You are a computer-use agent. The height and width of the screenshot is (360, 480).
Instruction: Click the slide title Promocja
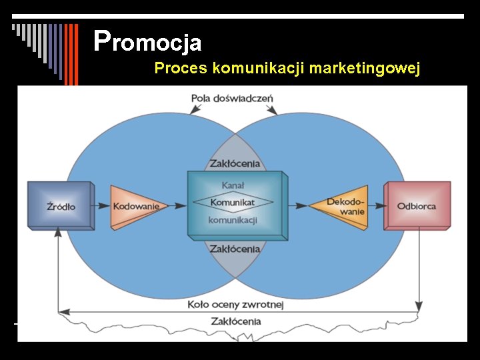tap(148, 41)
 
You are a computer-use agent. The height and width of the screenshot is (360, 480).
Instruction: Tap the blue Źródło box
tap(61, 205)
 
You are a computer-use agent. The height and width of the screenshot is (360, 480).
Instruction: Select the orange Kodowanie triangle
tap(135, 206)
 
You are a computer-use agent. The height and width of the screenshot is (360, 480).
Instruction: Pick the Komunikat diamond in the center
tap(233, 202)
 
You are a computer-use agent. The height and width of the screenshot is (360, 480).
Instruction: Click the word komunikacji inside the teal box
tap(233, 219)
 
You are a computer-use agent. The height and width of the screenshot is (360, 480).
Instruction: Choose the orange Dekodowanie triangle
tap(343, 206)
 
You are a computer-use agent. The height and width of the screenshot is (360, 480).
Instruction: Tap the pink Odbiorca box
tap(417, 205)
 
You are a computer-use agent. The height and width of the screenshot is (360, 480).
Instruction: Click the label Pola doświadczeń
tap(232, 98)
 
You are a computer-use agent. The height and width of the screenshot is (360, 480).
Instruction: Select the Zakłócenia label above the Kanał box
tap(235, 163)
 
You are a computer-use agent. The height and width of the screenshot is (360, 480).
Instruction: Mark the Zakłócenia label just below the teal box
tap(235, 249)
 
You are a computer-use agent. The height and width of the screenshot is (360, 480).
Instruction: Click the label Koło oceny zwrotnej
tap(235, 305)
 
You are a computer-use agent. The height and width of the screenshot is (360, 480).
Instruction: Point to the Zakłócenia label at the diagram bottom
tap(235, 321)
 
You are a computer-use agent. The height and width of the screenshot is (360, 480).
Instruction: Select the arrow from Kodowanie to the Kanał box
tap(175, 206)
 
